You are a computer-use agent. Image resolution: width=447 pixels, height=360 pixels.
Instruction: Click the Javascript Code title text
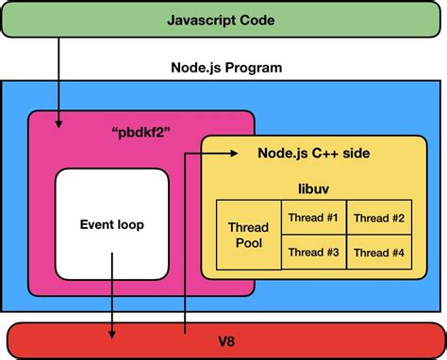point(224,20)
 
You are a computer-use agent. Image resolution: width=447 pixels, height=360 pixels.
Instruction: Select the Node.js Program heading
point(224,68)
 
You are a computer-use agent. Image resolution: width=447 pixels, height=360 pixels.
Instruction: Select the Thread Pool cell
point(249,235)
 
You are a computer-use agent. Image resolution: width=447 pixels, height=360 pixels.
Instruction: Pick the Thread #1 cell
point(313,218)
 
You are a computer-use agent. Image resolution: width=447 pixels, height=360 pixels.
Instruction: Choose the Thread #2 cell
point(378,218)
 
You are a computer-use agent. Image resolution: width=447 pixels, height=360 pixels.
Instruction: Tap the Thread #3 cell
point(313,252)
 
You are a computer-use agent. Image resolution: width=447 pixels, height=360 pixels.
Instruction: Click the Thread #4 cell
point(378,252)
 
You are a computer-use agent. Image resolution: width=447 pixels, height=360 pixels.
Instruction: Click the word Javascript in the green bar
point(202,20)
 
